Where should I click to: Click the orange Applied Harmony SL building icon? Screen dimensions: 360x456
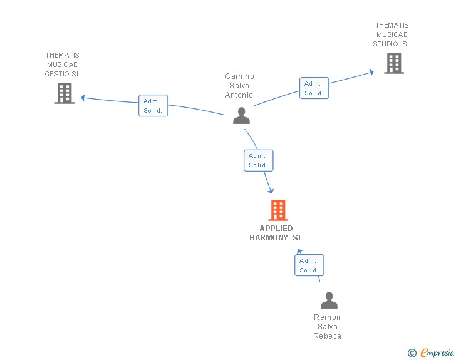277,210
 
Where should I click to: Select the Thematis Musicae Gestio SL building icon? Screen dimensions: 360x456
65,93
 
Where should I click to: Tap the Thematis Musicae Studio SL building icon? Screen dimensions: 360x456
393,63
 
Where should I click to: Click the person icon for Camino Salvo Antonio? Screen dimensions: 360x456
241,116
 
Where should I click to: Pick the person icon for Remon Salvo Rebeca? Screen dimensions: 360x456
329,301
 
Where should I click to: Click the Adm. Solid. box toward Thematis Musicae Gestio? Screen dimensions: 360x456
153,106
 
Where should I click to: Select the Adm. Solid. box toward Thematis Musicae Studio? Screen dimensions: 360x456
314,88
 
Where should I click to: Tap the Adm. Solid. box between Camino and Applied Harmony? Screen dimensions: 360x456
258,160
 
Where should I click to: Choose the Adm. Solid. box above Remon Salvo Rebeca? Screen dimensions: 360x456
309,265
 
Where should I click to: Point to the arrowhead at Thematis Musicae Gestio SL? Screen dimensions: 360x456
83,97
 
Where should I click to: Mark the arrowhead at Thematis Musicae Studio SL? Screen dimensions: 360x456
371,72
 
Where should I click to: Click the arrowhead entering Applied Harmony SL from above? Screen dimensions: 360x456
271,191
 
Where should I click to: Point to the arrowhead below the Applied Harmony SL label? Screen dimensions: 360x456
299,252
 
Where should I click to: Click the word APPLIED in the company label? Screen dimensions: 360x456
276,229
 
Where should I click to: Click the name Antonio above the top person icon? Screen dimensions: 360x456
239,95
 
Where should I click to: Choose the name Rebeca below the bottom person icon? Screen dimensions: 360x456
328,336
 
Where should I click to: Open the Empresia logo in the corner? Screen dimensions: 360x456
437,353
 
